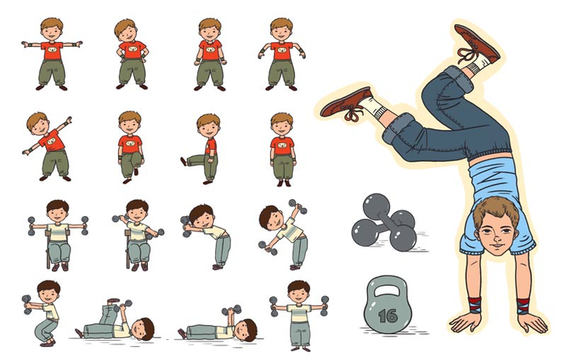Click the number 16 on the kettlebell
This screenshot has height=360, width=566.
point(388,316)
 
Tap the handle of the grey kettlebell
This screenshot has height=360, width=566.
point(388,282)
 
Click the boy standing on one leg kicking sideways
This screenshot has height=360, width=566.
point(201,149)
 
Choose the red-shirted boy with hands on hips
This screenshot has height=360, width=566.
point(131,54)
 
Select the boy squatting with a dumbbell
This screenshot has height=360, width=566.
point(42,313)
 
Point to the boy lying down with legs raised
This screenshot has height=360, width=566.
point(115,320)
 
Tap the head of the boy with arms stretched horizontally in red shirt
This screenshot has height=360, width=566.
point(52,29)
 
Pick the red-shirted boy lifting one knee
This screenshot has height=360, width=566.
point(130,147)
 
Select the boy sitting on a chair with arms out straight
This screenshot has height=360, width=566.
point(57,235)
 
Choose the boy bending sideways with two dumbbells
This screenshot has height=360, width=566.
point(283,235)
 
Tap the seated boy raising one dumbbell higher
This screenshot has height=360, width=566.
point(137,235)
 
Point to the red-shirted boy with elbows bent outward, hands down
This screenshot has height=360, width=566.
point(281,54)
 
